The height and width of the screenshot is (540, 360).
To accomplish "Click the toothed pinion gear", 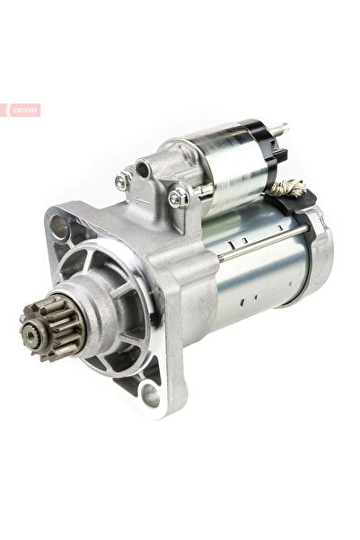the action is coord(51,328).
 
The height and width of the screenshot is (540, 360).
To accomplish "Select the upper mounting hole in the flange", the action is coord(58,226).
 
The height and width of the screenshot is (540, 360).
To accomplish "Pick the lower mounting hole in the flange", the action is coord(151,395).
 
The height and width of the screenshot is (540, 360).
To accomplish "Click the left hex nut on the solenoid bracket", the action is coord(123,181).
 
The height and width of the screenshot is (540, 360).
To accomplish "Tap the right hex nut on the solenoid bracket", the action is coord(179,198).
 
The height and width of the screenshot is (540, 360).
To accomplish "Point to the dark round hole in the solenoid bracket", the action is coord(142,170).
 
